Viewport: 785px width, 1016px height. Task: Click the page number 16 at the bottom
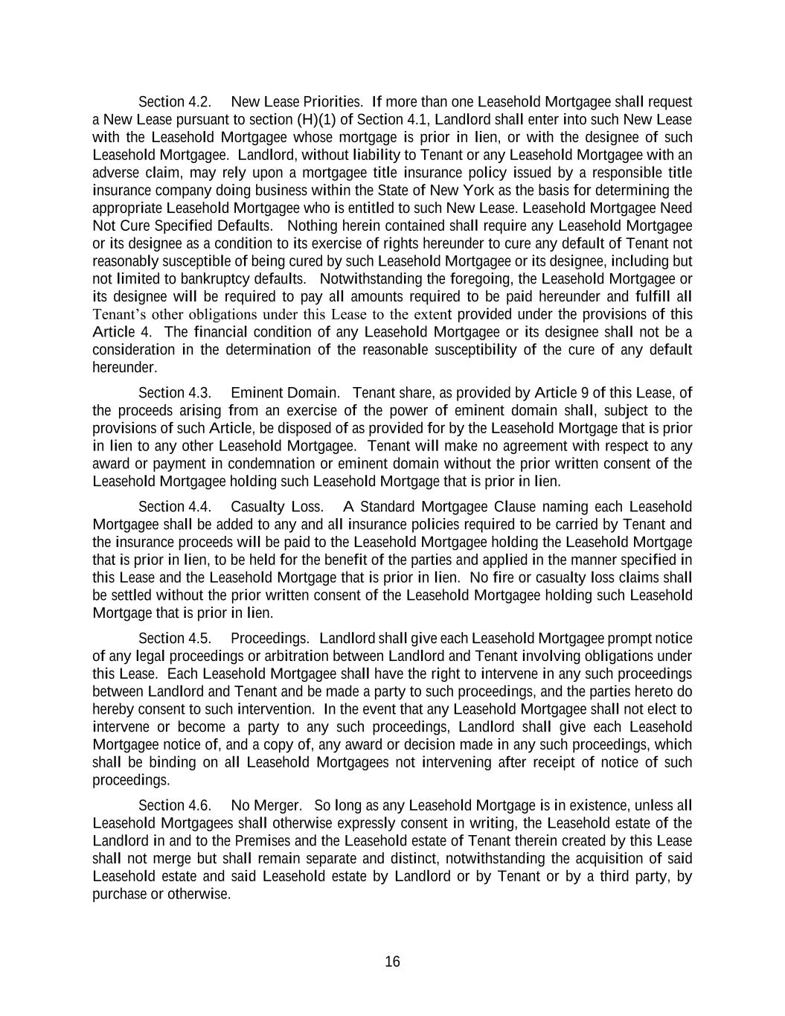(x=392, y=962)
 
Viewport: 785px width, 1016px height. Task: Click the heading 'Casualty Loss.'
(x=278, y=508)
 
